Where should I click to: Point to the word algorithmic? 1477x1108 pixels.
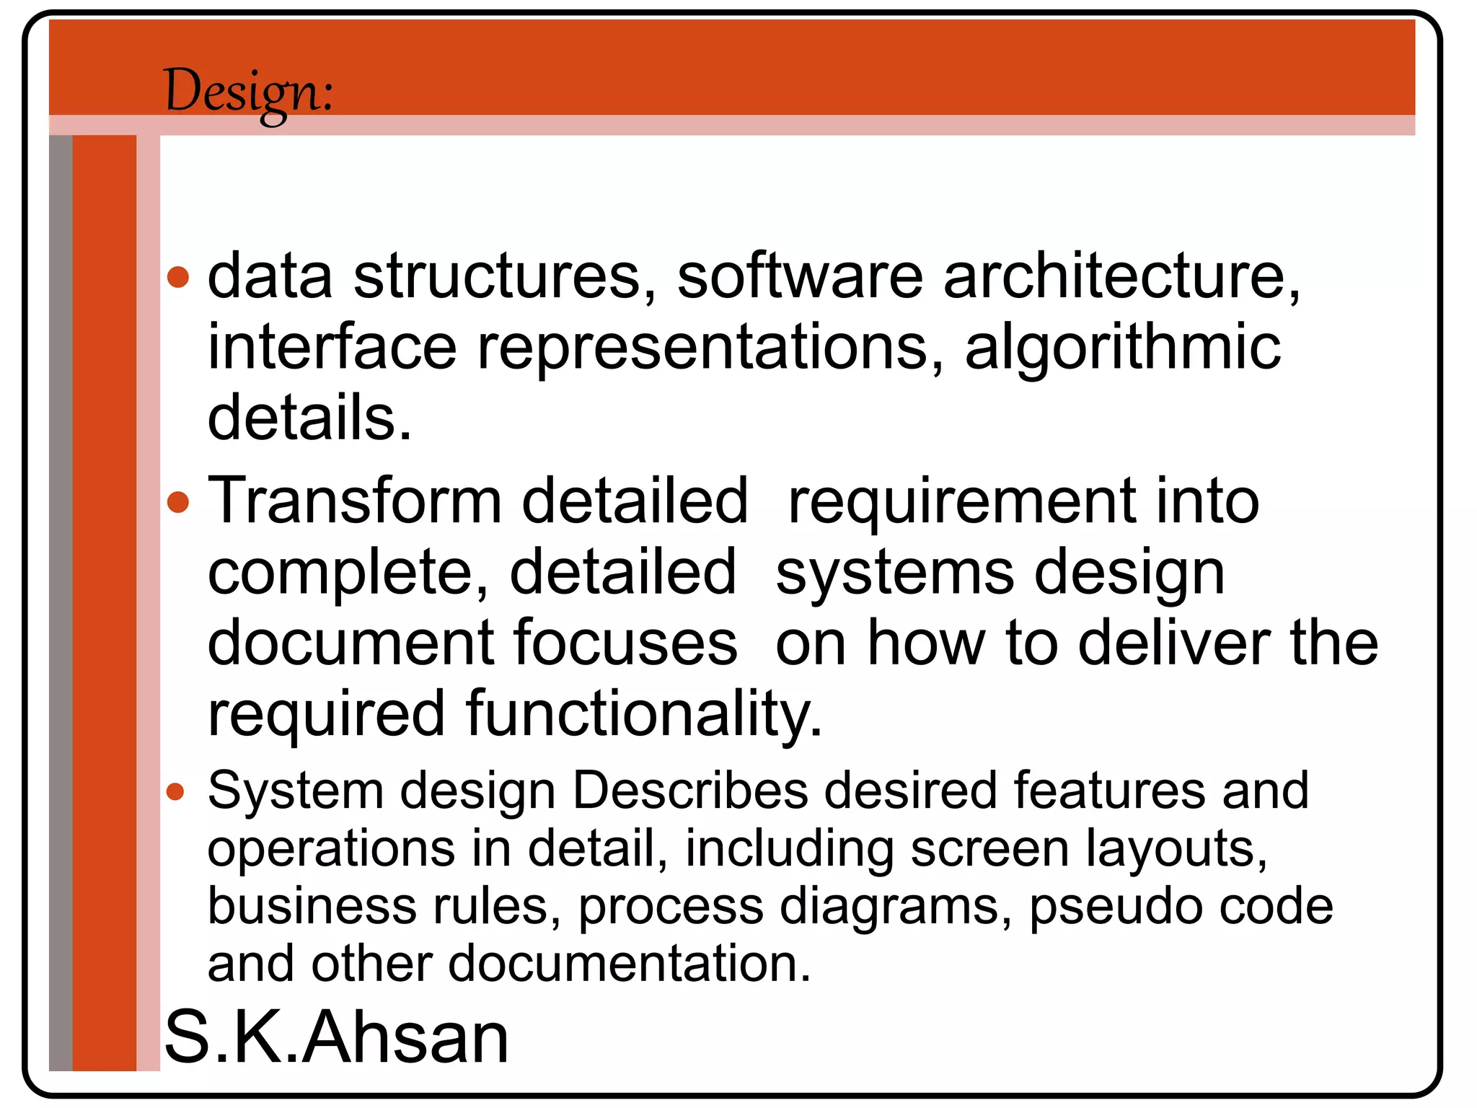coord(1123,348)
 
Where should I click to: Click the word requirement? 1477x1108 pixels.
coord(961,503)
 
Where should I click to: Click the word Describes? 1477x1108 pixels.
coord(690,791)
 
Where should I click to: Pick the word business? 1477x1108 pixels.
coord(312,906)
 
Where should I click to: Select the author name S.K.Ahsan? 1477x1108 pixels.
coord(337,1037)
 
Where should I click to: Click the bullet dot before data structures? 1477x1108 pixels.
coord(178,278)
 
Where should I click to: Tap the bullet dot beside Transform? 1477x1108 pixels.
coord(178,502)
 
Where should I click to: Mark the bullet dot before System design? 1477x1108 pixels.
coord(175,793)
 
